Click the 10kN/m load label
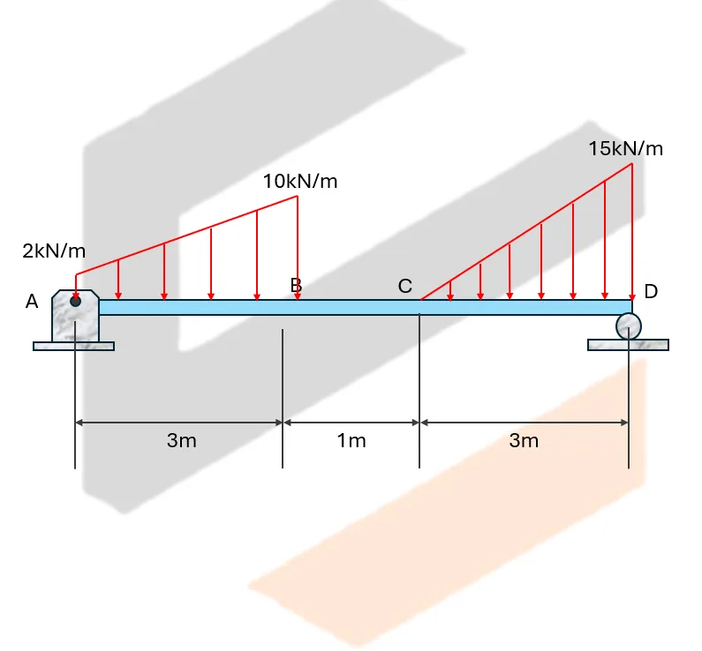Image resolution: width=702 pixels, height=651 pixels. pyautogui.click(x=299, y=182)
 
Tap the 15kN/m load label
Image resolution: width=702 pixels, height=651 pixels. pyautogui.click(x=625, y=148)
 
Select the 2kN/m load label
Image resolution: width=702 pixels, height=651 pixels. pyautogui.click(x=54, y=251)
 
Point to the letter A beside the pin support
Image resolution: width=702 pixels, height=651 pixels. pyautogui.click(x=32, y=302)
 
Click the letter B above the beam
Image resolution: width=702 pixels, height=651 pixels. pyautogui.click(x=296, y=285)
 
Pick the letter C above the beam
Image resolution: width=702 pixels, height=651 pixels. pyautogui.click(x=404, y=286)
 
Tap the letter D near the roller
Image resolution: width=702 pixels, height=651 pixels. pyautogui.click(x=651, y=291)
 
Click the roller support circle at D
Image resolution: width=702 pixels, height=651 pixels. pyautogui.click(x=628, y=327)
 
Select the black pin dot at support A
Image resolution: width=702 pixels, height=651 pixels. pyautogui.click(x=76, y=302)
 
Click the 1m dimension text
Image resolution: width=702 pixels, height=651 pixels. pyautogui.click(x=351, y=440)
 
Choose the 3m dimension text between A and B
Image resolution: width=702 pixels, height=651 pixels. pyautogui.click(x=181, y=440)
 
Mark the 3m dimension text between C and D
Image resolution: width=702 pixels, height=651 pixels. pyautogui.click(x=523, y=440)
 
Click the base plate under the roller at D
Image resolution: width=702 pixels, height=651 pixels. pyautogui.click(x=628, y=345)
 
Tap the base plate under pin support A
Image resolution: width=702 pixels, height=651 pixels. pyautogui.click(x=73, y=346)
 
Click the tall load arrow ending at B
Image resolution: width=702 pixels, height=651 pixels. pyautogui.click(x=298, y=247)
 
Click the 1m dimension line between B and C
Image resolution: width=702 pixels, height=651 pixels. pyautogui.click(x=351, y=423)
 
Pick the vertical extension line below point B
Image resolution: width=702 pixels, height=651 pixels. pyautogui.click(x=283, y=397)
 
